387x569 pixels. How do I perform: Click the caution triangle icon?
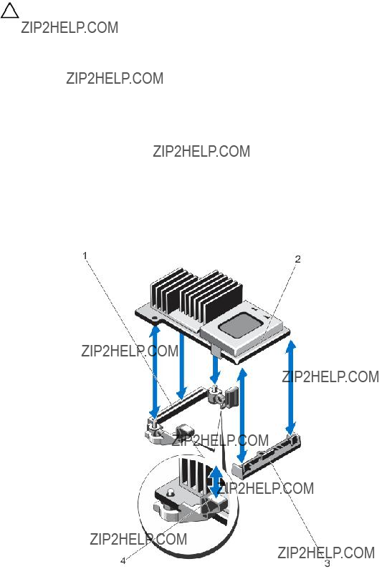10,11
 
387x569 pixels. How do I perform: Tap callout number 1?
85,256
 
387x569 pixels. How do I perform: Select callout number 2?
297,259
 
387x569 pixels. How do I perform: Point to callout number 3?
327,563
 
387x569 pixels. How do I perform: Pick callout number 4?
123,561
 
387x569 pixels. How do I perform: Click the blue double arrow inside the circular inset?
216,482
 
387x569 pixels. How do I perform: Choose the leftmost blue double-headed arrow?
156,371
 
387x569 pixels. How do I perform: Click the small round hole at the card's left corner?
156,318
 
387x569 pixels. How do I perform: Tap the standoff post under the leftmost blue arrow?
153,423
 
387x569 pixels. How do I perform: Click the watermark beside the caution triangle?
70,28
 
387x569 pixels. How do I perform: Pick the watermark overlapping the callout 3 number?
326,553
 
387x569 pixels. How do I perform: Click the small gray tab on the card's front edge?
215,350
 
